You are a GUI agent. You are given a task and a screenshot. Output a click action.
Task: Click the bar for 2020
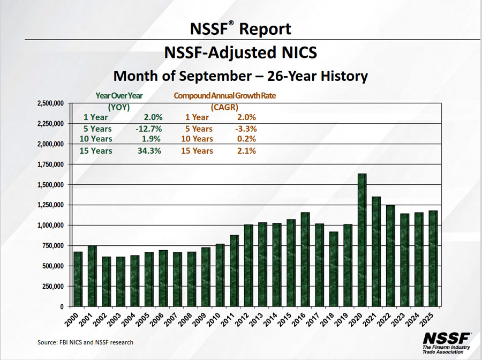coord(362,240)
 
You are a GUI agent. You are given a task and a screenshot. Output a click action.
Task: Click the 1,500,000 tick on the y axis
coord(51,185)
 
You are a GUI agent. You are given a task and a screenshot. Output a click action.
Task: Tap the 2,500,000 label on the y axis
coord(51,103)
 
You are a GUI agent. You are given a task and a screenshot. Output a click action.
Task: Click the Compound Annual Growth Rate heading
coord(228,95)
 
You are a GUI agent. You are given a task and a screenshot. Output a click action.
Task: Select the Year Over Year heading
coord(119,95)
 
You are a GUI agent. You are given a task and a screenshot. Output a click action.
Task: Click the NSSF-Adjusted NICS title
coord(240,53)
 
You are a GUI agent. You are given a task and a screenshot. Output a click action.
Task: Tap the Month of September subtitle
coord(240,76)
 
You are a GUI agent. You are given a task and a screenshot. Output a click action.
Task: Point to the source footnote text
coord(85,342)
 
